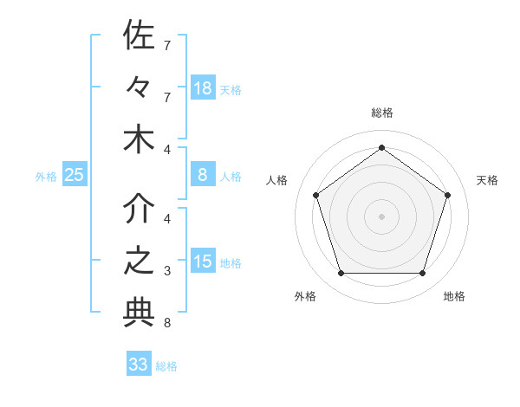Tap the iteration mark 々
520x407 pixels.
click(139, 87)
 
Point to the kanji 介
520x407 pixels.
click(139, 208)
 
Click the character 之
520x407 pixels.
click(139, 262)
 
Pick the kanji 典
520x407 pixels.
click(139, 313)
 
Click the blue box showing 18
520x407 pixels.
click(203, 87)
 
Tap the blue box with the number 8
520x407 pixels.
click(203, 175)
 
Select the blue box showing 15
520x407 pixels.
click(203, 262)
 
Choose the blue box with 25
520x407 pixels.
click(75, 175)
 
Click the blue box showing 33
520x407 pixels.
click(139, 365)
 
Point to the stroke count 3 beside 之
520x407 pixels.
click(166, 271)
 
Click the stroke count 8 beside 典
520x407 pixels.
click(166, 323)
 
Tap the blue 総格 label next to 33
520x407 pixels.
click(166, 366)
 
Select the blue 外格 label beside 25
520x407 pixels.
click(46, 177)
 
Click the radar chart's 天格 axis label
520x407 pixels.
click(487, 180)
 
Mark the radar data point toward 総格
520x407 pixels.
click(381, 147)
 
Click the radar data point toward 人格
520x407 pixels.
click(315, 196)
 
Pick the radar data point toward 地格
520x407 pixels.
click(422, 274)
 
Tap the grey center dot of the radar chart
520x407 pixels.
click(381, 216)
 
